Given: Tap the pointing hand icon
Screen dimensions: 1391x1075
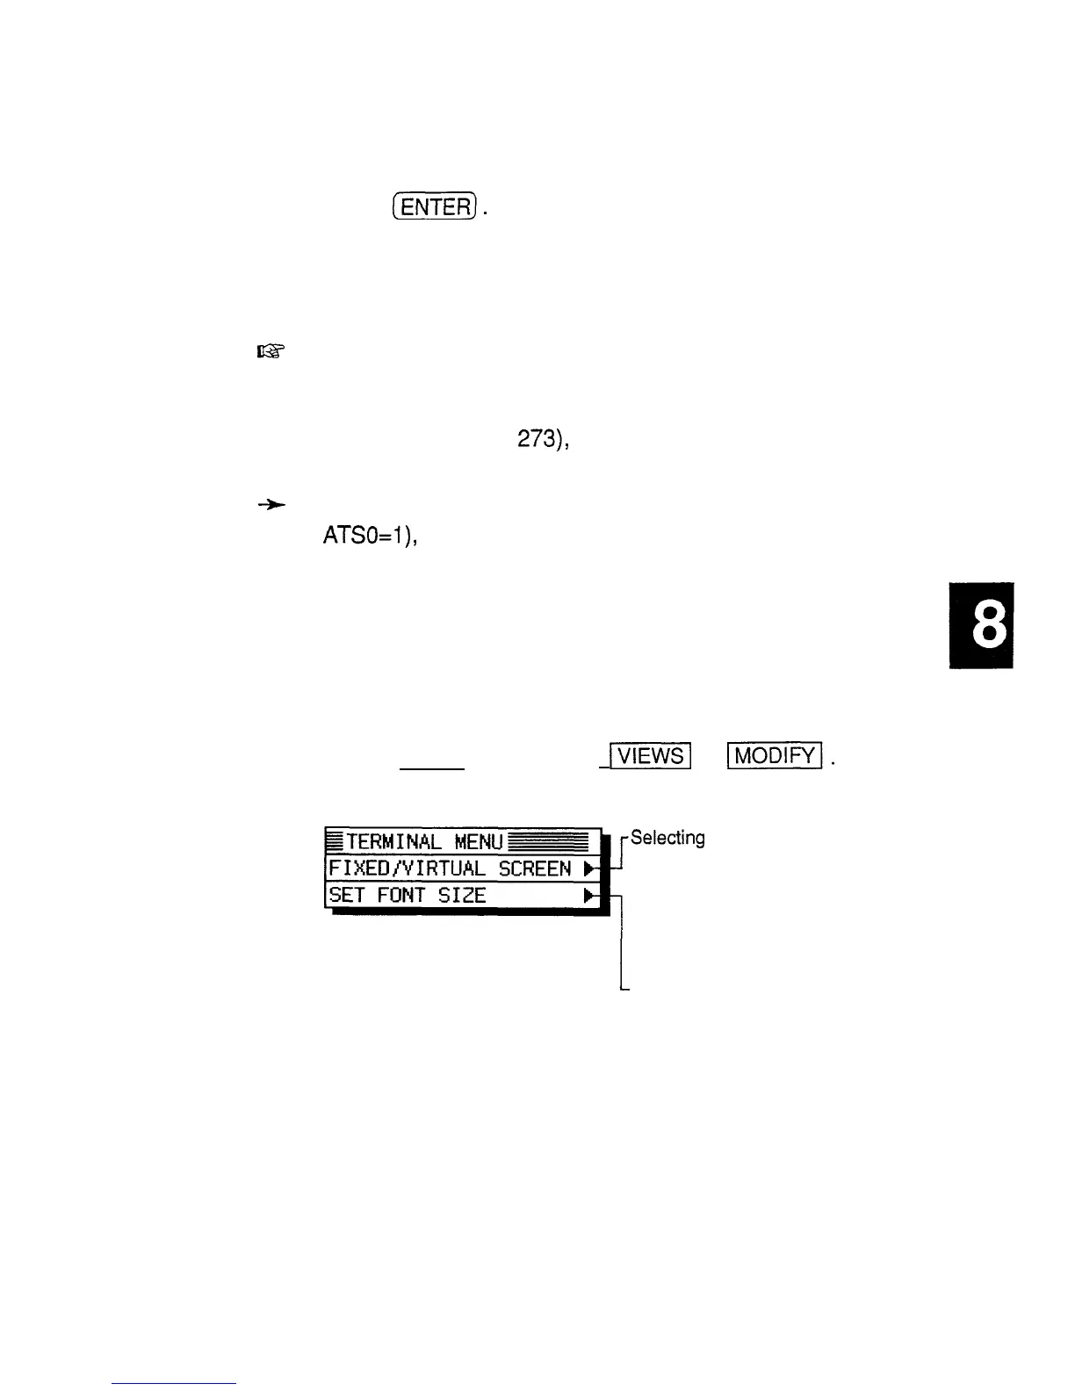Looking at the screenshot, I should pos(271,352).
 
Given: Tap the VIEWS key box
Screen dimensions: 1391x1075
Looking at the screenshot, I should pos(651,755).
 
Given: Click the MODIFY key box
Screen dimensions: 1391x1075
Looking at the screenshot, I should pos(774,755).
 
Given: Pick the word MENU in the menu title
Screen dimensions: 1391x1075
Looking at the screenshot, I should pos(480,843).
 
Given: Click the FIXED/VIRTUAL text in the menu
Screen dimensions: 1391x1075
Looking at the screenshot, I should pos(407,869).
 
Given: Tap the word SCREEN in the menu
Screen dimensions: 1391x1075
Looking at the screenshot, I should pos(535,869).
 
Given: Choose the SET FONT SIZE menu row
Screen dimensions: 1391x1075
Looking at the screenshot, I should pos(462,896).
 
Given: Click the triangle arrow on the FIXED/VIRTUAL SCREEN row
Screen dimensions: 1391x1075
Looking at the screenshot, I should pos(590,869).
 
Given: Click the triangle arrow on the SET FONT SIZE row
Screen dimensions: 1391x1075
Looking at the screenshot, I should pos(590,897).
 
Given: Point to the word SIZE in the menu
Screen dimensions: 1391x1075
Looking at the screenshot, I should pos(462,896).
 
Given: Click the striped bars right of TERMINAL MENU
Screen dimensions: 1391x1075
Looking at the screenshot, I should pos(548,842).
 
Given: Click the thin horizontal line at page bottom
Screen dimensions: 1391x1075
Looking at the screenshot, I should pos(174,1383).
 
